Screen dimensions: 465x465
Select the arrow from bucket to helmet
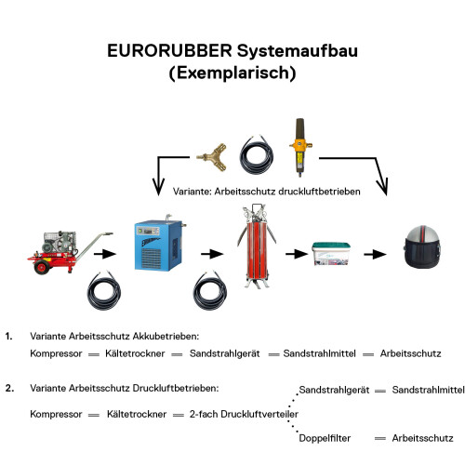click(x=375, y=253)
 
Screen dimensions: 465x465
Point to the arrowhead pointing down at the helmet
click(x=384, y=190)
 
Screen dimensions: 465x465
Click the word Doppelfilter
click(x=325, y=437)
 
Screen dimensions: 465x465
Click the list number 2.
click(x=8, y=386)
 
